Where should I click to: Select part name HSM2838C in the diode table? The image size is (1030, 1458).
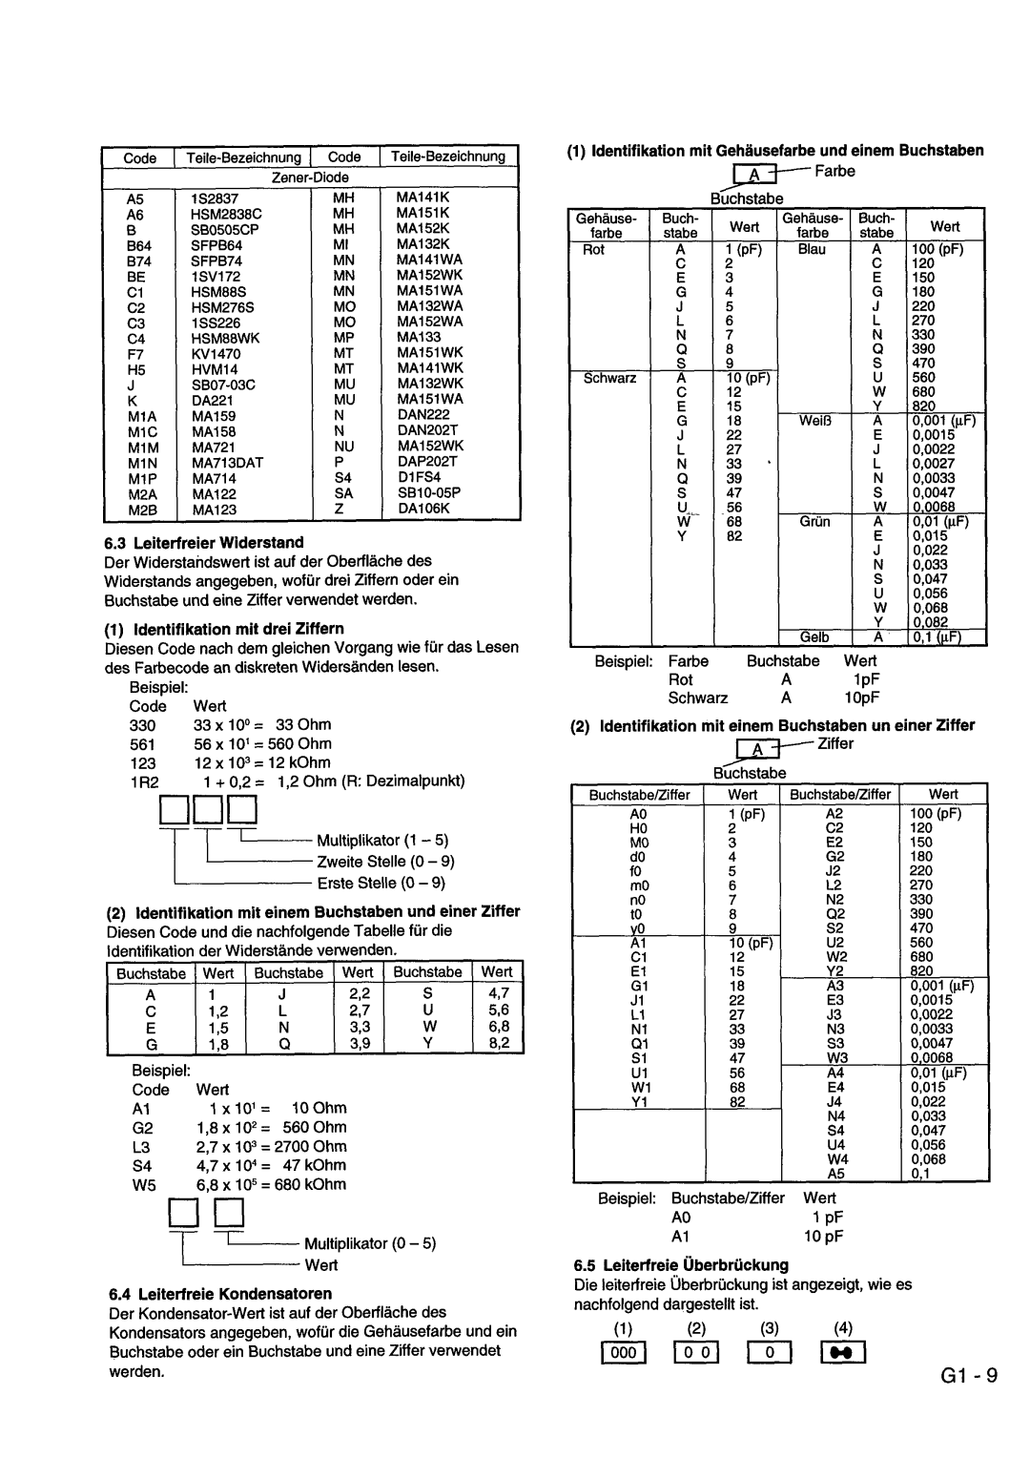tap(226, 215)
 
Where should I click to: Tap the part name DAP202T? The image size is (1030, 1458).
tap(427, 462)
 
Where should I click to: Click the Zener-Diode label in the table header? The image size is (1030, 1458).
tap(311, 177)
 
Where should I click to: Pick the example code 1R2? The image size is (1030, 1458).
tap(144, 781)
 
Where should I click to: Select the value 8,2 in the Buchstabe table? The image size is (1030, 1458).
tap(499, 1044)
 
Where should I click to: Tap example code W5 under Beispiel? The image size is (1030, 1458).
tap(143, 1184)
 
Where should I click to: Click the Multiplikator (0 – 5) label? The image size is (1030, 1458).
tap(370, 1243)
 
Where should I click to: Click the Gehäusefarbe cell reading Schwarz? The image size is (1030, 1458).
tap(609, 378)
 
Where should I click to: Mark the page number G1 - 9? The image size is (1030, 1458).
tap(967, 1375)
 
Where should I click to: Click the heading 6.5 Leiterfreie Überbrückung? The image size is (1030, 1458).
tap(681, 1265)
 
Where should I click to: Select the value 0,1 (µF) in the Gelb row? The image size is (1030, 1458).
tap(939, 637)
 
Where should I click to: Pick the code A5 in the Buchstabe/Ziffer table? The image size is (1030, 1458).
tap(836, 1174)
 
